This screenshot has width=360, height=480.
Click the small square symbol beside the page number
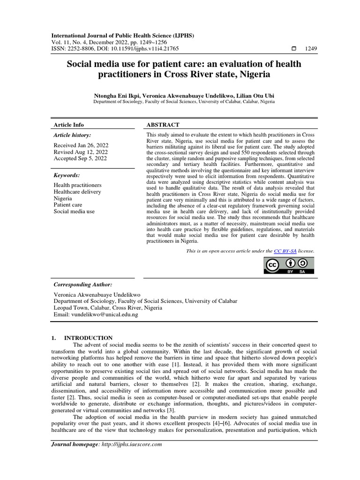[x=294, y=49]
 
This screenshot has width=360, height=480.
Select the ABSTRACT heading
[x=163, y=125]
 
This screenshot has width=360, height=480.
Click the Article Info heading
[x=69, y=125]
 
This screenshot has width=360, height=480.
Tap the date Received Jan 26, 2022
[x=80, y=145]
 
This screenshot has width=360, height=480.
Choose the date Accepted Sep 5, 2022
[x=80, y=158]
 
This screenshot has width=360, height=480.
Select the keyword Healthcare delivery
[x=77, y=192]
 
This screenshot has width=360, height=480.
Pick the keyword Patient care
[x=68, y=205]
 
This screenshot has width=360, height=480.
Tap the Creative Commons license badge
[x=289, y=266]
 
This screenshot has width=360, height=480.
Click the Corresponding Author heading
[x=83, y=285]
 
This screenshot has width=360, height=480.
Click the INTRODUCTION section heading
[x=88, y=337]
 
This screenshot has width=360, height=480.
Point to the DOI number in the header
[x=149, y=48]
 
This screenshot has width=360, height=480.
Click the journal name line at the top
[x=122, y=36]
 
